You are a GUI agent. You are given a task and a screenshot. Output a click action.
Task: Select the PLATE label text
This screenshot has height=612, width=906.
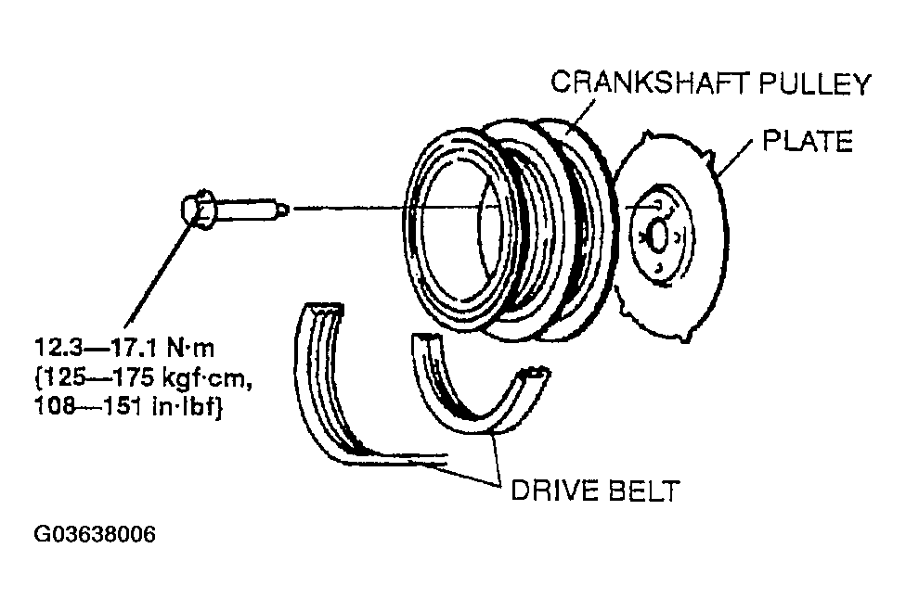(806, 142)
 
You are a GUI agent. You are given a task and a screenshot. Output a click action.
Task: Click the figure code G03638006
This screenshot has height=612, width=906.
(95, 535)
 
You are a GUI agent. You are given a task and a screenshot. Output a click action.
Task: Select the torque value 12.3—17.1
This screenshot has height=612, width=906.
(86, 351)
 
